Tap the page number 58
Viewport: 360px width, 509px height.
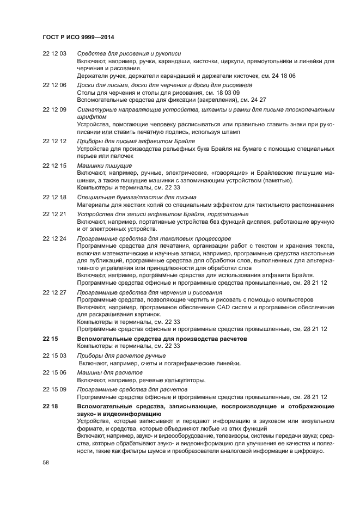[x=46, y=462]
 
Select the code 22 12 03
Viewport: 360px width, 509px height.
[x=54, y=53]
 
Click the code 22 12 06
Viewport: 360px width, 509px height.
[x=54, y=85]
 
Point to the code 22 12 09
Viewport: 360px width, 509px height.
[x=54, y=109]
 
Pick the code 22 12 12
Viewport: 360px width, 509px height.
[x=54, y=141]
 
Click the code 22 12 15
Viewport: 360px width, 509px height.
[x=54, y=165]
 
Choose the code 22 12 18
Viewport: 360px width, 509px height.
[x=54, y=197]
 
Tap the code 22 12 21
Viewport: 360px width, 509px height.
[x=54, y=214]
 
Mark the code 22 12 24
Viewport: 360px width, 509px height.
[x=54, y=238]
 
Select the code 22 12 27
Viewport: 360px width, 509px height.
[x=54, y=292]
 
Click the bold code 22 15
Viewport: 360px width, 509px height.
[x=50, y=339]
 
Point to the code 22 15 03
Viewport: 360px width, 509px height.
[x=54, y=355]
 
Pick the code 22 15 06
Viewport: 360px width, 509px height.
[x=54, y=372]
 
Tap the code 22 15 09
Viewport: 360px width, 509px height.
[x=54, y=390]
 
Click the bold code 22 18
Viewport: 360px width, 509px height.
[x=50, y=407]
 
